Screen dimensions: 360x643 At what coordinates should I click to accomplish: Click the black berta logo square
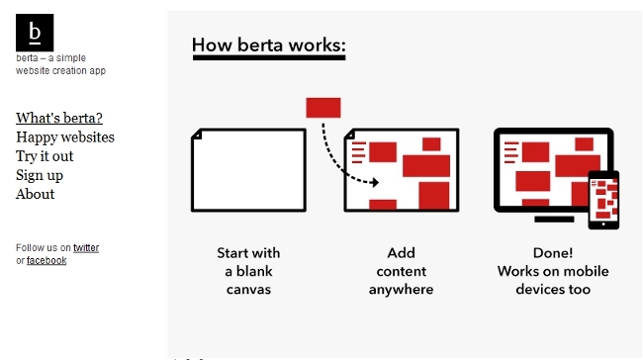[35, 33]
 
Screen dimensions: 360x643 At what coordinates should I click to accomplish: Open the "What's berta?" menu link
[59, 119]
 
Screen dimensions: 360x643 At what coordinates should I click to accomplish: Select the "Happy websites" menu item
[65, 137]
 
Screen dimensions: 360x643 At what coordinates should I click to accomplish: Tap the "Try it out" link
[45, 156]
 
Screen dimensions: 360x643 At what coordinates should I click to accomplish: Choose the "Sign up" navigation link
[40, 175]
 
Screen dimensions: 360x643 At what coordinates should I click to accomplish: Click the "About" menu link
[36, 194]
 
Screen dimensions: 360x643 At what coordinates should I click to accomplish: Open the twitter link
[86, 248]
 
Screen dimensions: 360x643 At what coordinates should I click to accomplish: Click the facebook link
[46, 261]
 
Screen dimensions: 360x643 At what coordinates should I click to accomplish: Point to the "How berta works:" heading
[268, 45]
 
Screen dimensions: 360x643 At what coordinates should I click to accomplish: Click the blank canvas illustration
[248, 170]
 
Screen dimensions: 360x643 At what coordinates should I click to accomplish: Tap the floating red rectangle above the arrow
[323, 108]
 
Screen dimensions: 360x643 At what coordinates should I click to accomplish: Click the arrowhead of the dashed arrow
[374, 182]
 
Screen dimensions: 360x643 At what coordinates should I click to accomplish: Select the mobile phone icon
[603, 200]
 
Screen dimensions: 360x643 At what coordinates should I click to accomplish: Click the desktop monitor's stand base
[553, 219]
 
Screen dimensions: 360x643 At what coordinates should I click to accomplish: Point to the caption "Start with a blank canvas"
[248, 271]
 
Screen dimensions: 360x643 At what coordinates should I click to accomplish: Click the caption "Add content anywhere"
[401, 271]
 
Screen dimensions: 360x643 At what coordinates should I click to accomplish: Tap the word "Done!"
[553, 253]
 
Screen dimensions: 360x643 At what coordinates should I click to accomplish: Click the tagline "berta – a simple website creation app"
[60, 64]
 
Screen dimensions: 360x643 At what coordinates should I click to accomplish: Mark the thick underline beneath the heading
[268, 58]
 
